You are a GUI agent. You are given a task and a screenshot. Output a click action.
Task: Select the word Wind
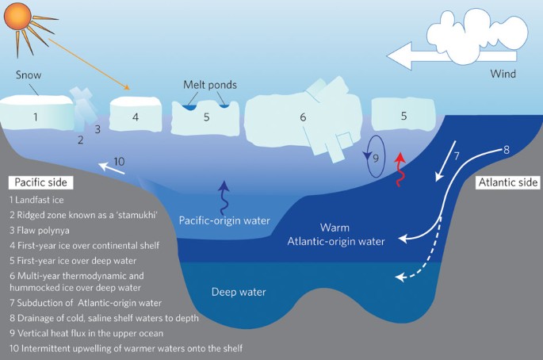pyautogui.click(x=500, y=75)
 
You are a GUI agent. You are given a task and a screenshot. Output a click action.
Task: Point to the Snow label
pyautogui.click(x=28, y=75)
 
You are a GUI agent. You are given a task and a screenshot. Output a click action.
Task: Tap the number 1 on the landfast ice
pyautogui.click(x=35, y=117)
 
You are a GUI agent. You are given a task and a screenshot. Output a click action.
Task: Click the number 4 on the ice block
pyautogui.click(x=136, y=117)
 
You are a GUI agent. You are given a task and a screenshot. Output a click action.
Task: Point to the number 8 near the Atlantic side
pyautogui.click(x=506, y=148)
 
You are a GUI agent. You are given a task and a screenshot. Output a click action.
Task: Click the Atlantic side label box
pyautogui.click(x=508, y=182)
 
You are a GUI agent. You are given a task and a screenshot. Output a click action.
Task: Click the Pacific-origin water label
pyautogui.click(x=225, y=220)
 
